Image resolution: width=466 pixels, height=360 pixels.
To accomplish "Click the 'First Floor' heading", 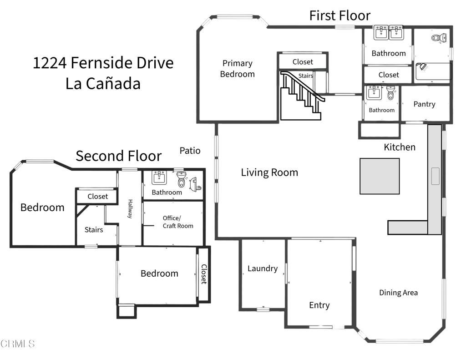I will tap(339, 15).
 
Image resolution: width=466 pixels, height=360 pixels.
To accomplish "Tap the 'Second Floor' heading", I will tap(118, 156).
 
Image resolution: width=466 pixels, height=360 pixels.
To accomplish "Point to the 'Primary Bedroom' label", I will tap(237, 69).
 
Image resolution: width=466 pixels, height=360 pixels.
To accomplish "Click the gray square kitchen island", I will tap(380, 176).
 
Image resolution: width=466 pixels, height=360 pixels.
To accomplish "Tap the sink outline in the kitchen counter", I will tap(435, 176).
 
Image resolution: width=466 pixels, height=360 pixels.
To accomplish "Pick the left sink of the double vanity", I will tap(380, 32).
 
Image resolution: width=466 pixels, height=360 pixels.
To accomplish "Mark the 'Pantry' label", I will tap(424, 104).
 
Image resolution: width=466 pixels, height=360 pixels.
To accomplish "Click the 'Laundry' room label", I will tap(262, 269).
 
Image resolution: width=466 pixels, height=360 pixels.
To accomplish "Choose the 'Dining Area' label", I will tap(398, 293).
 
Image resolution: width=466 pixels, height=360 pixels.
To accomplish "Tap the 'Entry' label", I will tap(319, 305).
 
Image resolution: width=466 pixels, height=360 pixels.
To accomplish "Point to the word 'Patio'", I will tap(190, 151).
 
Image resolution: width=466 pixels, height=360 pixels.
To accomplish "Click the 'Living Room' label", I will tap(269, 172).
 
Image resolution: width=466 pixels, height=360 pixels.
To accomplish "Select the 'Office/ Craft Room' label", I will tap(178, 222).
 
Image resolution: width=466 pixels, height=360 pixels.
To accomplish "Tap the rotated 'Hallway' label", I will tap(130, 209).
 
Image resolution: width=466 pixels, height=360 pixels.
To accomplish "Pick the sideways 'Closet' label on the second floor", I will tap(204, 274).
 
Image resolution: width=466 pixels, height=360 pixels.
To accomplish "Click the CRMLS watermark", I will tap(18, 344).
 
